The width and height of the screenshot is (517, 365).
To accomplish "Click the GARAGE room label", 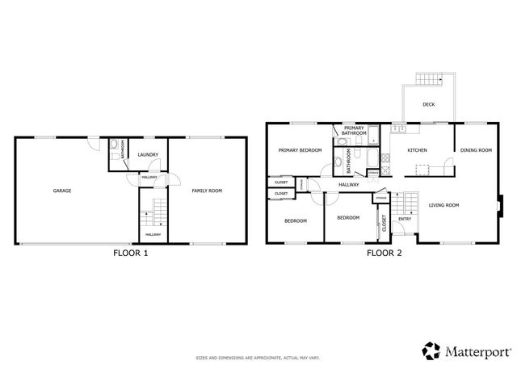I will pos(62,191).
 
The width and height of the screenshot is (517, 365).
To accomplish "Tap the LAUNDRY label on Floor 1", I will pos(147,154).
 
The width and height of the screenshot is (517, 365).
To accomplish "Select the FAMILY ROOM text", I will pos(206,191).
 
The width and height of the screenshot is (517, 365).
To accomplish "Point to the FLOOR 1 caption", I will pos(130,253).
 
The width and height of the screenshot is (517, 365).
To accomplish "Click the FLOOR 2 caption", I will pos(384,253).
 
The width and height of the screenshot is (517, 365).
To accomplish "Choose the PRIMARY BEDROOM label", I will pos(300,150).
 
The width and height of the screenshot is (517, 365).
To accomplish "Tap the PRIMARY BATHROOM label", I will pos(354,130).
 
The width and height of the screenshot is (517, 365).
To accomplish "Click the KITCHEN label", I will pos(417,150).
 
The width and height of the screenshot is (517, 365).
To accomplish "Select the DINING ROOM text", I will pos(476,150).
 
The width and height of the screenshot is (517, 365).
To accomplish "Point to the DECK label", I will pos(429,104).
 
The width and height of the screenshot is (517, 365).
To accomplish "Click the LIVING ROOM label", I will pos(443,205).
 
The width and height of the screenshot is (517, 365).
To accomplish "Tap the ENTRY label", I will pos(405,218).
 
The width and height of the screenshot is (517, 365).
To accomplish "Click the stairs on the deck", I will pos(431,79).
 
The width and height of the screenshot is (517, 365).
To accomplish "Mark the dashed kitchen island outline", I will pos(422,169).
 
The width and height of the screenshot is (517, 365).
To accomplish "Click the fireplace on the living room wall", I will pos(498,205).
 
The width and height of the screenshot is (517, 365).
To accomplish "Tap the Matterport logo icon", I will pos(431,350).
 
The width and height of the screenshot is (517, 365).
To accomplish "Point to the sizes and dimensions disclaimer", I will pos(258,357).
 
